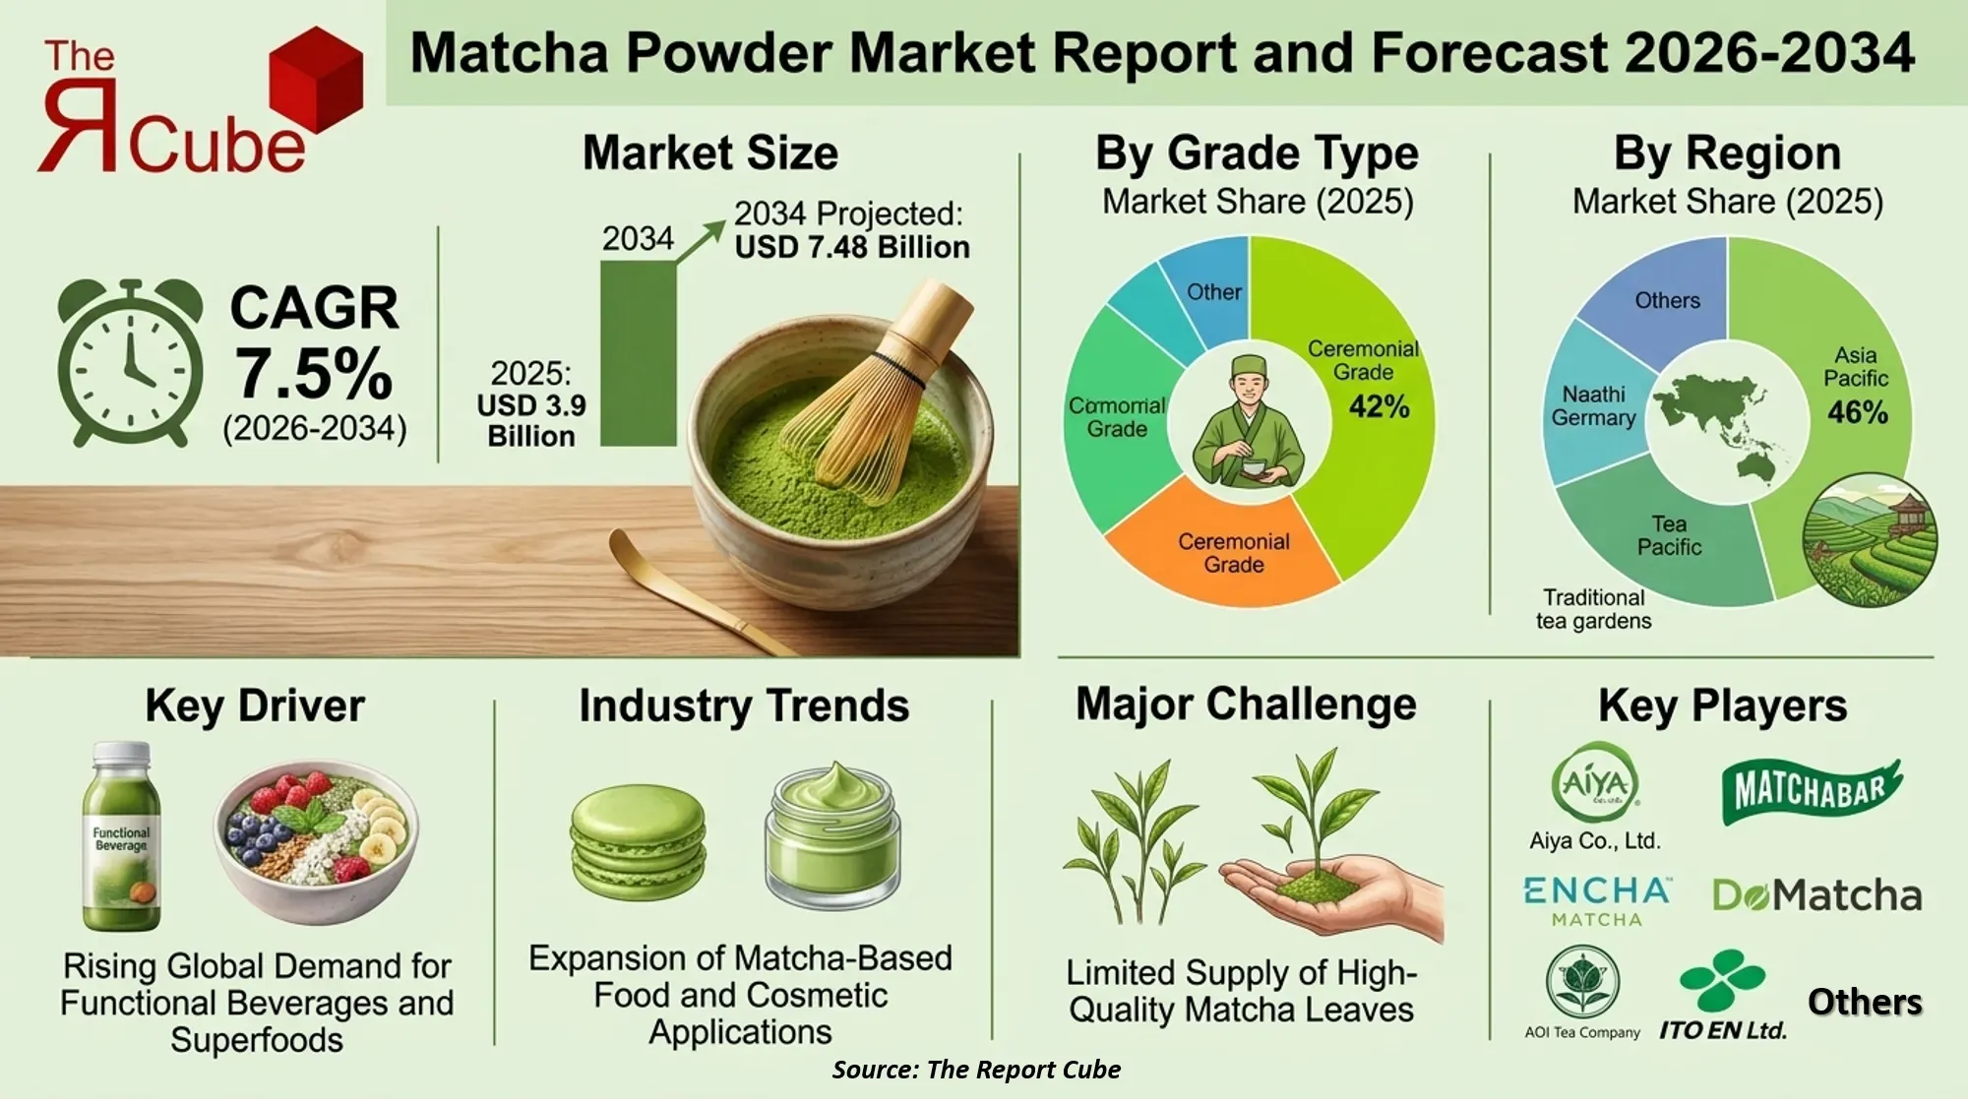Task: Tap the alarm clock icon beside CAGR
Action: coord(130,364)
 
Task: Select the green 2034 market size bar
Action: coord(638,354)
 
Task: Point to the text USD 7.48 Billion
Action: coord(852,247)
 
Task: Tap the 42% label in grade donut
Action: coord(1379,406)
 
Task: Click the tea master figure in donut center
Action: coord(1248,423)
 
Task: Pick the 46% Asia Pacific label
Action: coord(1857,412)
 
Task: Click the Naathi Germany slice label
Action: coord(1593,406)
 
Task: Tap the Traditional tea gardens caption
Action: coord(1593,609)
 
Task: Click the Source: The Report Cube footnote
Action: coord(975,1070)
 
